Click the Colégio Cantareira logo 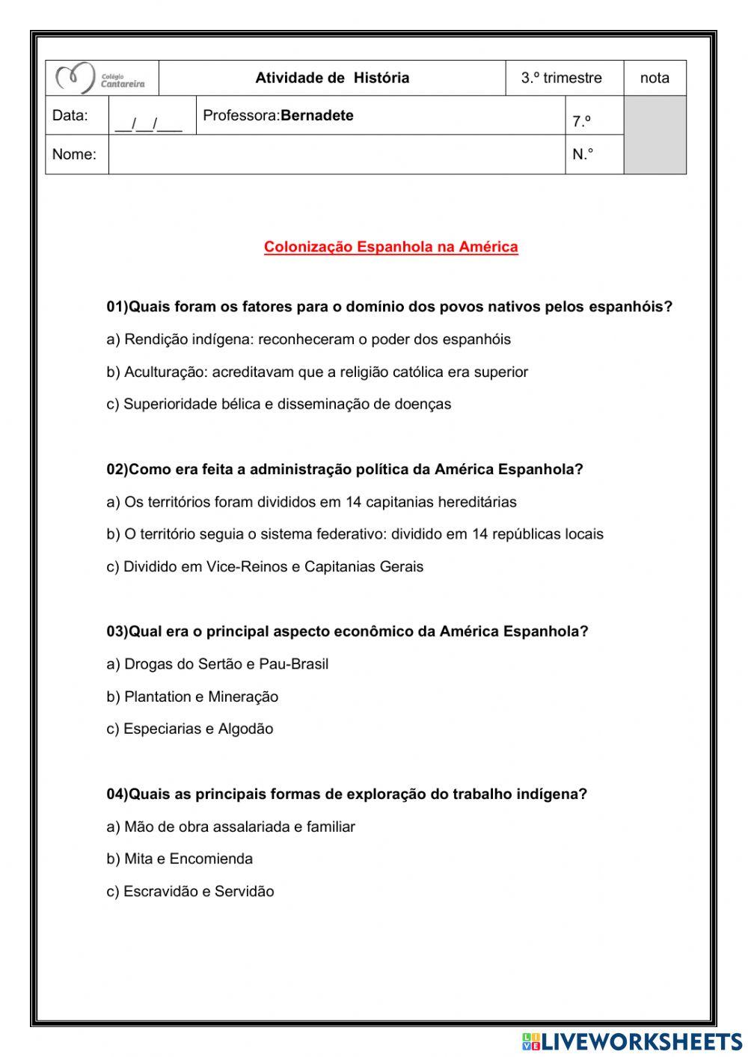(x=102, y=78)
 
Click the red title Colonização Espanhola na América (x=390, y=247)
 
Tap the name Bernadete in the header (x=316, y=115)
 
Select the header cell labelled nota (x=654, y=78)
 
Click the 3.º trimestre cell (x=562, y=78)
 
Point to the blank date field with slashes (x=149, y=123)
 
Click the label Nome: (x=74, y=155)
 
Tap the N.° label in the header (x=583, y=155)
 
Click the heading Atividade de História (x=332, y=78)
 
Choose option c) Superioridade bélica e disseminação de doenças (x=279, y=404)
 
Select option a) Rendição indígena (x=308, y=340)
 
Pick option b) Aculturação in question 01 (x=317, y=372)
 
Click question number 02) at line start (x=117, y=470)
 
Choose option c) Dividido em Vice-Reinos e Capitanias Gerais (x=265, y=567)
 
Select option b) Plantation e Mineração (x=192, y=697)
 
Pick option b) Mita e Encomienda (x=180, y=859)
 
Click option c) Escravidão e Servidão (x=190, y=892)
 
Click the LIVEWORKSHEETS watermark (x=632, y=1041)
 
